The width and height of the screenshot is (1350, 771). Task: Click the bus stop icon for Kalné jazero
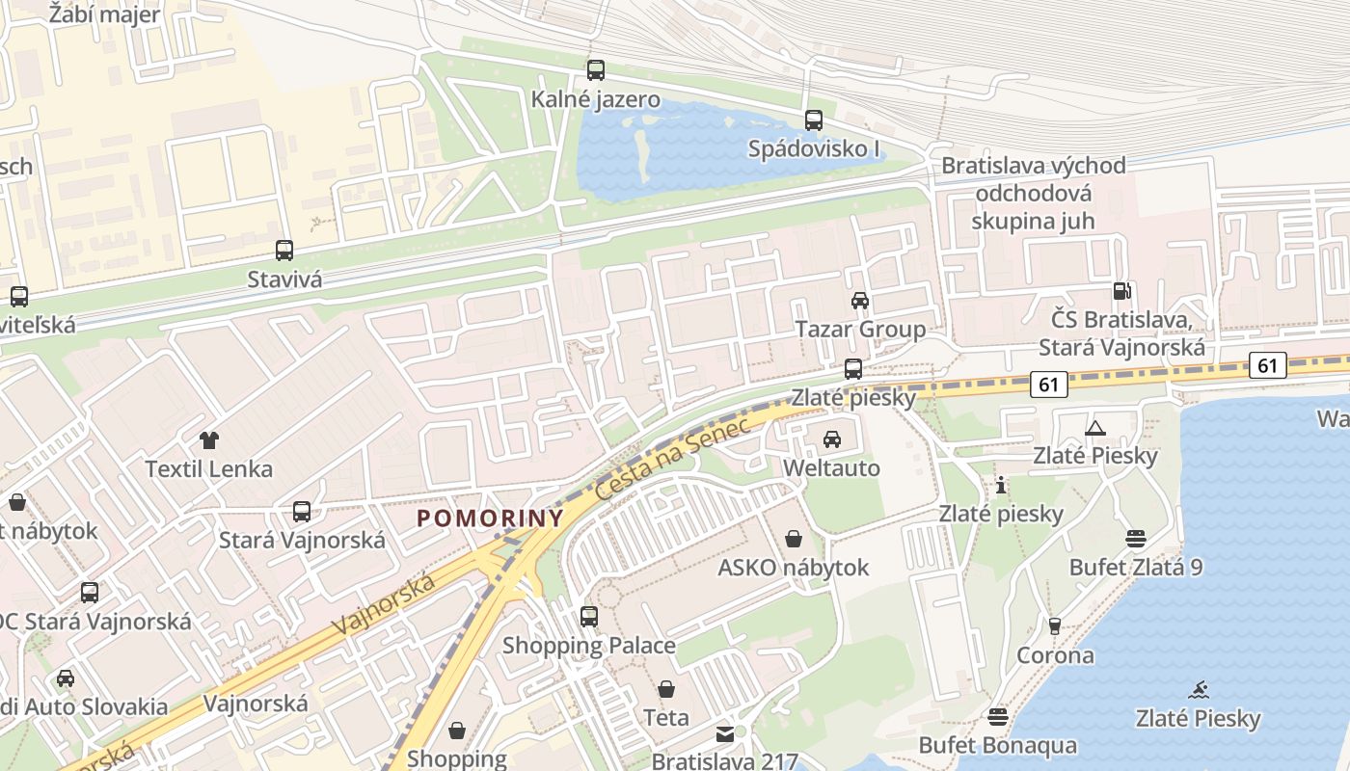(x=596, y=70)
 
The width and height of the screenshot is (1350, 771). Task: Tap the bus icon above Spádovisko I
(x=814, y=120)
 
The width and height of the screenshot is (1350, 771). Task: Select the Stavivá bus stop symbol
(x=284, y=251)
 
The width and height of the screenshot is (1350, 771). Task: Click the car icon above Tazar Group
(x=860, y=301)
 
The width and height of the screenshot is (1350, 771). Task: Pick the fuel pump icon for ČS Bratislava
(x=1121, y=290)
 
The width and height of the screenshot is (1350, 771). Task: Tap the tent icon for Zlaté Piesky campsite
(x=1094, y=428)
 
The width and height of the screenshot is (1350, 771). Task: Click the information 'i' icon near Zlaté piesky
(x=1001, y=486)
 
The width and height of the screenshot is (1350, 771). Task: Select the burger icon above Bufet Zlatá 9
(x=1136, y=539)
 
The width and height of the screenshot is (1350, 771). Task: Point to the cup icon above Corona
(x=1055, y=626)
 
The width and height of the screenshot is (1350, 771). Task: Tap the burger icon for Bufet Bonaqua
(x=998, y=717)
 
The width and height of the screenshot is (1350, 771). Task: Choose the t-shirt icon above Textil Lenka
(x=208, y=441)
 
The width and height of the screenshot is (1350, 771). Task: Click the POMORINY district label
(x=490, y=518)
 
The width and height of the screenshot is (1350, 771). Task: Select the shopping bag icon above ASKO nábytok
(x=794, y=539)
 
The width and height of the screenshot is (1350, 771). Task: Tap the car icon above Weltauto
(x=832, y=439)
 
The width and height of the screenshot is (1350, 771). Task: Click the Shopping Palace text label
(x=588, y=645)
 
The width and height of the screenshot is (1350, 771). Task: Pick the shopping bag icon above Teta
(x=666, y=689)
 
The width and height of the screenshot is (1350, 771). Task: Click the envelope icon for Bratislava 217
(x=725, y=734)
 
